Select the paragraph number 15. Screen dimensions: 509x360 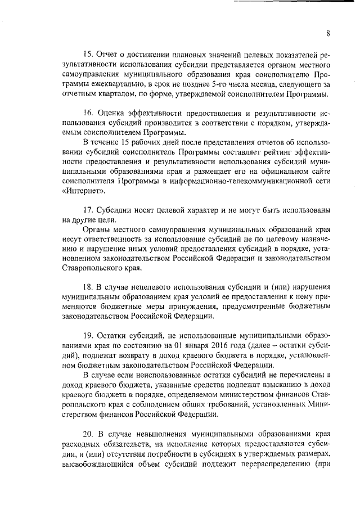(x=87, y=55)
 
